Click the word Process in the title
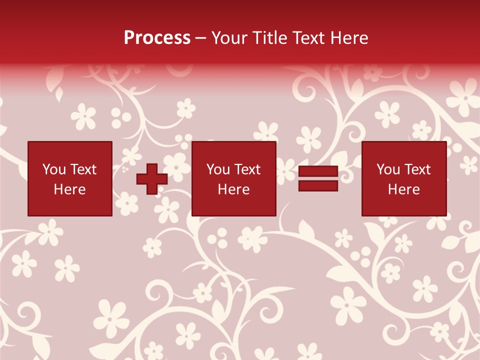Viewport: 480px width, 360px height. (157, 38)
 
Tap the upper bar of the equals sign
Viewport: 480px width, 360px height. (318, 171)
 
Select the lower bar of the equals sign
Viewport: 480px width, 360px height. (318, 185)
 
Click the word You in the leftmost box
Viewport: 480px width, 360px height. (53, 169)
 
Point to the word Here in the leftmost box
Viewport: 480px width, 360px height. (70, 189)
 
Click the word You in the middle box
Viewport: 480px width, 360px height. (217, 169)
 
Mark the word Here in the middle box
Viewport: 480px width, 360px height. (234, 189)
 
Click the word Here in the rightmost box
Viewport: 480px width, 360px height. (404, 189)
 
